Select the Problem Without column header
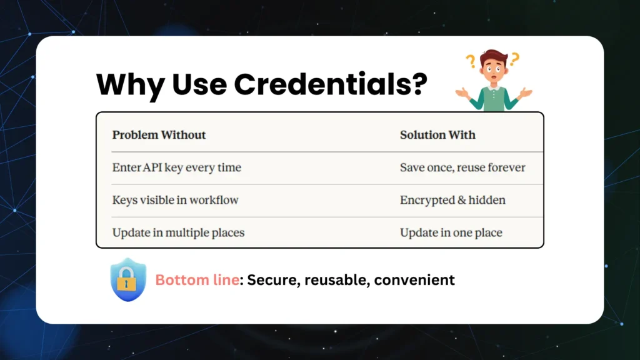159,135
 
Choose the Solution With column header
437,135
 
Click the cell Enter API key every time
176,167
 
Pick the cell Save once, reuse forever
462,167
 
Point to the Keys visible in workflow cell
175,200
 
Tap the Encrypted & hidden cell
452,200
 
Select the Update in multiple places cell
178,232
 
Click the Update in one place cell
451,232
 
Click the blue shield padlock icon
127,279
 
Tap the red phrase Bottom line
197,280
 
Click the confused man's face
494,69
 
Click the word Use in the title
199,84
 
